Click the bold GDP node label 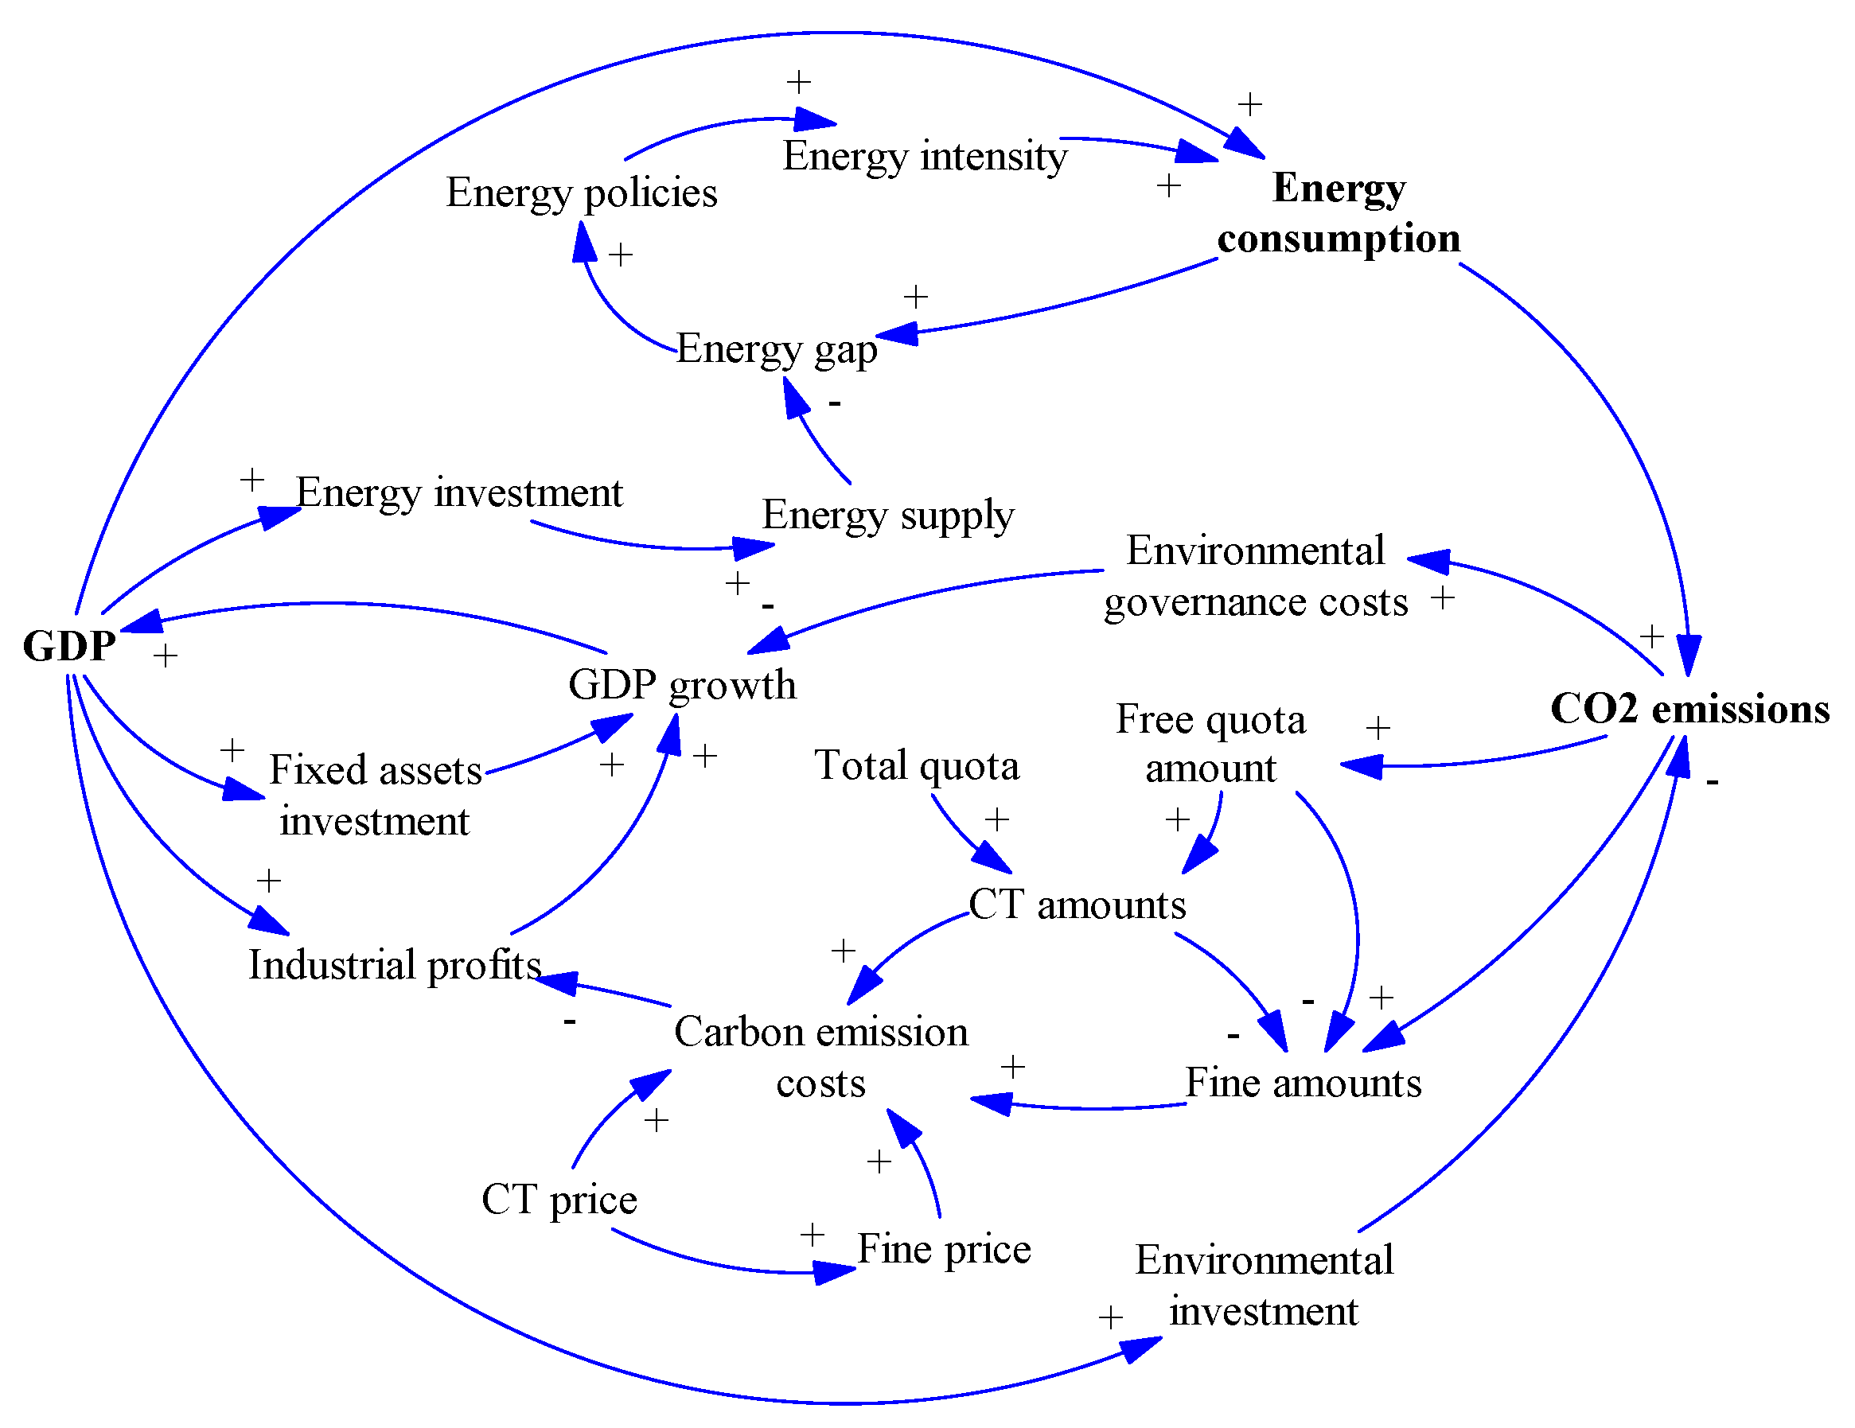point(68,646)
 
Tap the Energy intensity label point(924,156)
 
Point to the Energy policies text point(582,193)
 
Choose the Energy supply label point(887,516)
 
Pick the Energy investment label point(459,493)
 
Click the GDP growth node point(682,685)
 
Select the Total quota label point(917,766)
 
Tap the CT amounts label point(1076,905)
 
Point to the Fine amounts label point(1302,1084)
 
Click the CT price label point(559,1200)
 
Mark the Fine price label point(944,1249)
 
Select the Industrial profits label point(394,965)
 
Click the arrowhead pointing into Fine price point(835,1272)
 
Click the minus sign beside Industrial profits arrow point(569,1021)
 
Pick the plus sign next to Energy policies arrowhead point(620,255)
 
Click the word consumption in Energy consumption point(1339,239)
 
